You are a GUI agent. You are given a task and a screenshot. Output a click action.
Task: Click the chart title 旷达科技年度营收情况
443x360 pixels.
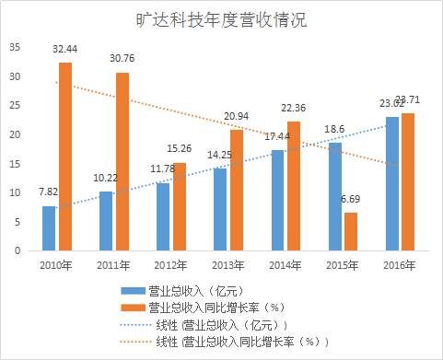pyautogui.click(x=221, y=19)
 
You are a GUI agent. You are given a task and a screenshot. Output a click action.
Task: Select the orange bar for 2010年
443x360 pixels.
pyautogui.click(x=65, y=157)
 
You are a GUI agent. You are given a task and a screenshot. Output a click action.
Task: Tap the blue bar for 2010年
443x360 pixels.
pyautogui.click(x=49, y=227)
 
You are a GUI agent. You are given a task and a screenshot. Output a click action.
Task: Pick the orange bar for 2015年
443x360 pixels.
pyautogui.click(x=350, y=231)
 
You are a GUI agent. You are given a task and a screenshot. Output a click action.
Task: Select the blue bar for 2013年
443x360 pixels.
pyautogui.click(x=220, y=209)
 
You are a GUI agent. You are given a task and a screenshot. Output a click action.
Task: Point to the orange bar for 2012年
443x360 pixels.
pyautogui.click(x=180, y=206)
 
